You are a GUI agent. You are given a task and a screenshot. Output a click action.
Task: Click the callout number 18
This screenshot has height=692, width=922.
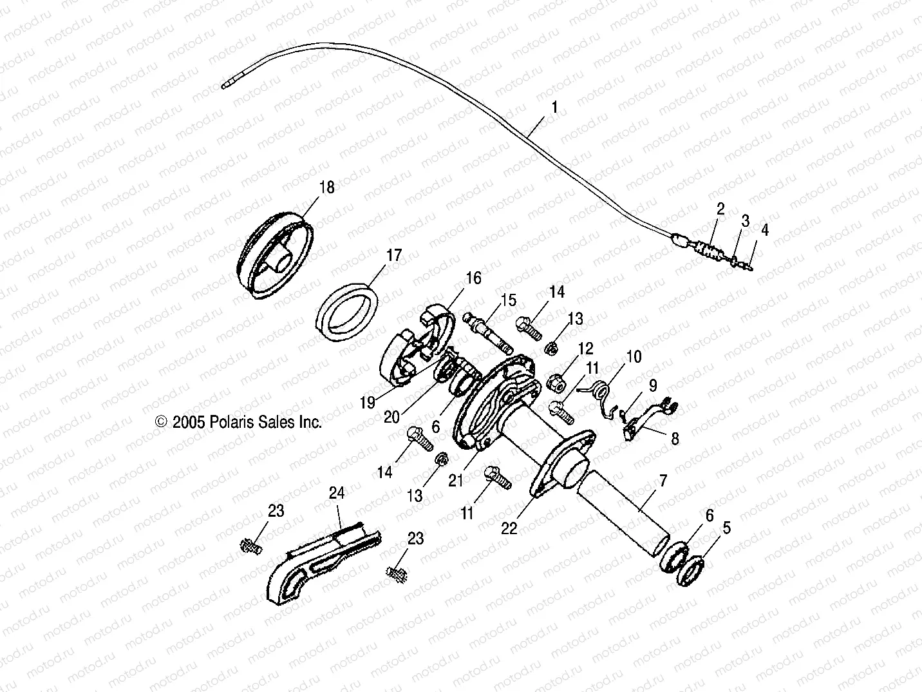327,187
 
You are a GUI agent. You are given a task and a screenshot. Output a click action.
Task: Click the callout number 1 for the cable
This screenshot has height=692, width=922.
554,107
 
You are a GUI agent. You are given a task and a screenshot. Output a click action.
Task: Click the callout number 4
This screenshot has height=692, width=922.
764,229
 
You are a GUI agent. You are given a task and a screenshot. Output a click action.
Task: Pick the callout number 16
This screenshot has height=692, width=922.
473,278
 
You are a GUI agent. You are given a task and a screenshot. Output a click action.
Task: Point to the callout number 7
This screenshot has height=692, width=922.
663,480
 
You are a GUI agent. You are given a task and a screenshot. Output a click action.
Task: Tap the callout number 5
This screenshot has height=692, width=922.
726,528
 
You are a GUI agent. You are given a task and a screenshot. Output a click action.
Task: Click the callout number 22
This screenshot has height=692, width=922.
509,528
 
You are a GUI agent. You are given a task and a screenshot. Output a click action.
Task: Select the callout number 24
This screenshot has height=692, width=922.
337,494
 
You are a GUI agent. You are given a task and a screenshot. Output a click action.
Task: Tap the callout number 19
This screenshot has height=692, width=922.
367,403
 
